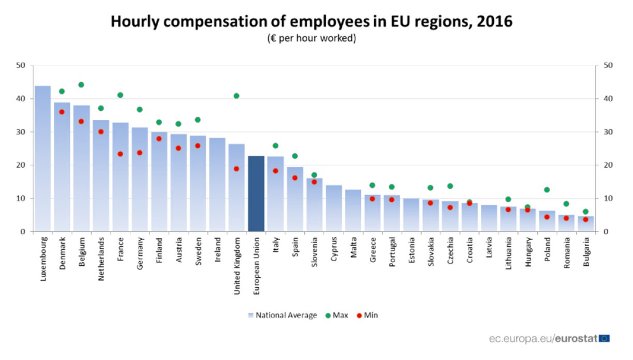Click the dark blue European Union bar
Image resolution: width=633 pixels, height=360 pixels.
(x=256, y=194)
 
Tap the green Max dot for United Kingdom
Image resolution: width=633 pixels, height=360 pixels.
(x=236, y=96)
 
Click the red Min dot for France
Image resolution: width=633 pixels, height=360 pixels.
(x=120, y=154)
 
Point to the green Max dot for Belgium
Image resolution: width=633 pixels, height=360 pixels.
(x=81, y=85)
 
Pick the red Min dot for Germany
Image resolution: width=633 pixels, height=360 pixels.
(x=140, y=153)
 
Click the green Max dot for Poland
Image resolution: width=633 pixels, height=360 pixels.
(x=547, y=190)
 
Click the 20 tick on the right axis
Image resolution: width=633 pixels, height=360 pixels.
(x=608, y=165)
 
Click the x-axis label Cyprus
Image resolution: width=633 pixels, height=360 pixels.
(x=334, y=250)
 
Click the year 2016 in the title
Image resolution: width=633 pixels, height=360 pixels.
(x=495, y=21)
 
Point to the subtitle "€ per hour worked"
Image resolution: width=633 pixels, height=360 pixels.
(x=311, y=38)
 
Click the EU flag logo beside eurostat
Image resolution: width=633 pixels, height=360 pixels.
(x=605, y=338)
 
